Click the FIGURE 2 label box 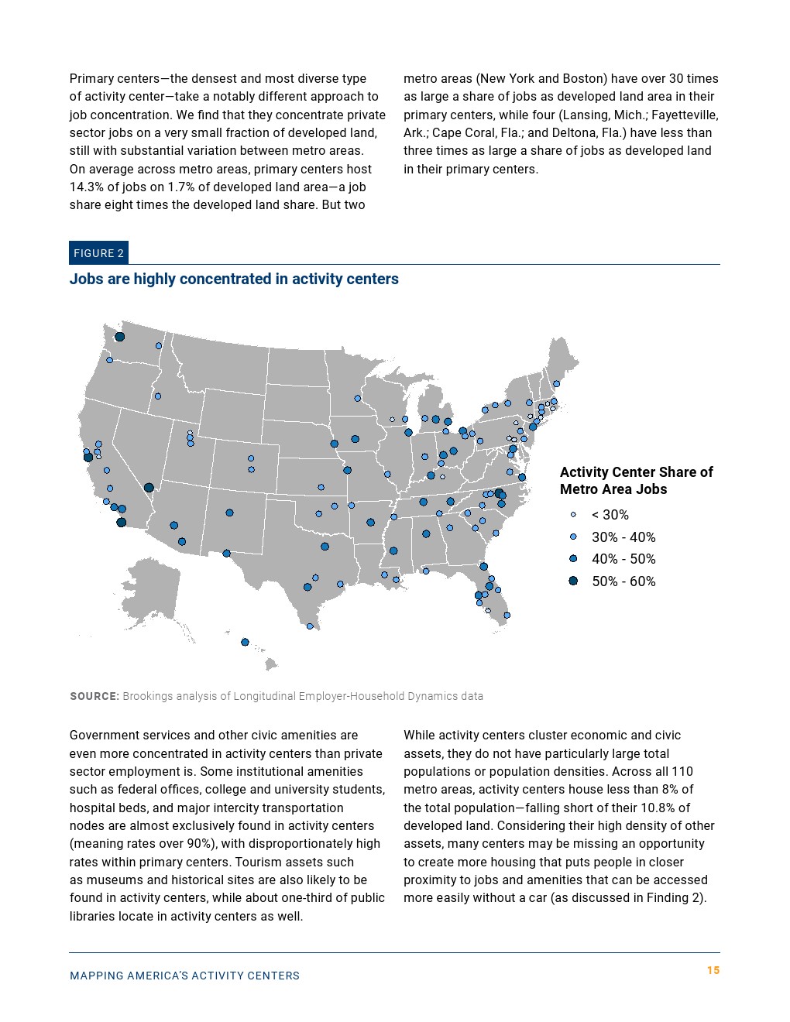[x=98, y=253]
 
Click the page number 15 [x=713, y=970]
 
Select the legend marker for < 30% [x=573, y=515]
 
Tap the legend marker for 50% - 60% [x=573, y=581]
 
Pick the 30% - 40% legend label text [x=623, y=537]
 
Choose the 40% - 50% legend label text [x=623, y=559]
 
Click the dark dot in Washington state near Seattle [x=120, y=337]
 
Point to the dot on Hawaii [x=245, y=642]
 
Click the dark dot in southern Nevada [x=149, y=488]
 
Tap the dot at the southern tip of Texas [x=310, y=626]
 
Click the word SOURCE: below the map [x=94, y=696]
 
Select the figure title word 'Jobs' [x=85, y=279]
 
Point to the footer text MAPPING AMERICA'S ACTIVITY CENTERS [x=184, y=976]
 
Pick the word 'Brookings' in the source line [x=147, y=696]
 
